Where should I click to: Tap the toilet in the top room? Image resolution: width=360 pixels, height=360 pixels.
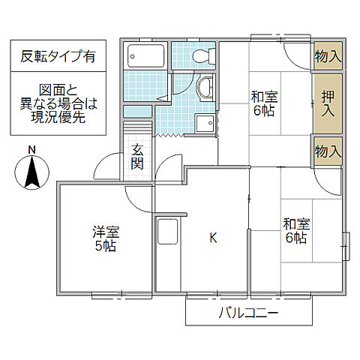click(x=200, y=55)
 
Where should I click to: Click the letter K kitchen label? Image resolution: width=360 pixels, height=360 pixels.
click(x=212, y=238)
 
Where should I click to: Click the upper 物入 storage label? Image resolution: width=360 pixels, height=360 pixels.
click(x=328, y=55)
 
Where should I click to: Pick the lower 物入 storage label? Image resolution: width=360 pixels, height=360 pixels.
click(x=328, y=151)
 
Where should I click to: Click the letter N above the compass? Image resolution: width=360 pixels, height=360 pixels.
click(x=31, y=150)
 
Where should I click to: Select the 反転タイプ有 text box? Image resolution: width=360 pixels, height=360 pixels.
click(x=58, y=55)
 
